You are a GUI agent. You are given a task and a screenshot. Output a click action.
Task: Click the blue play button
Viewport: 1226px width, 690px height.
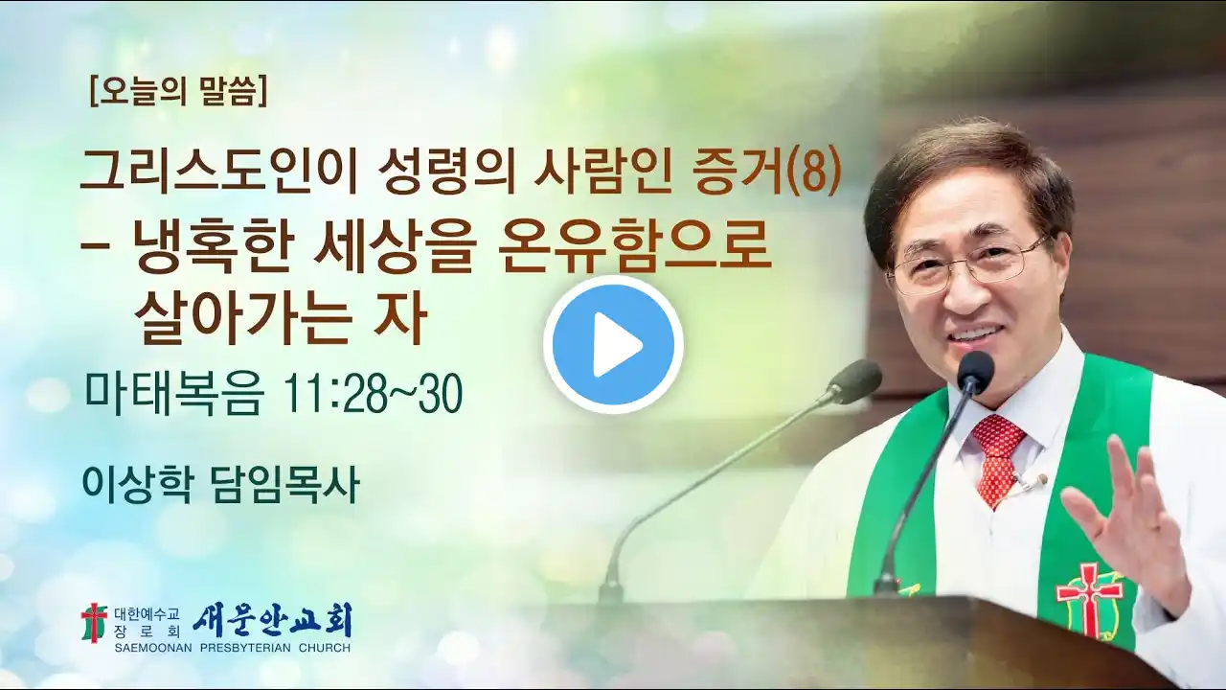click(613, 345)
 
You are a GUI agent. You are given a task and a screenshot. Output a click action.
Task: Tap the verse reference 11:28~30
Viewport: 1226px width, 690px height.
click(371, 393)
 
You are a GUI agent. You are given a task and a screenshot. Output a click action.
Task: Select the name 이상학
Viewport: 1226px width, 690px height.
click(136, 484)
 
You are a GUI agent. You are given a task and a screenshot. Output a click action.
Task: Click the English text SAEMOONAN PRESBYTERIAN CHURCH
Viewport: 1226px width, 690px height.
click(233, 648)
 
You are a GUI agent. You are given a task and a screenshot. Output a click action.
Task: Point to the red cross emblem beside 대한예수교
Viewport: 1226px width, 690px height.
click(94, 623)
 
